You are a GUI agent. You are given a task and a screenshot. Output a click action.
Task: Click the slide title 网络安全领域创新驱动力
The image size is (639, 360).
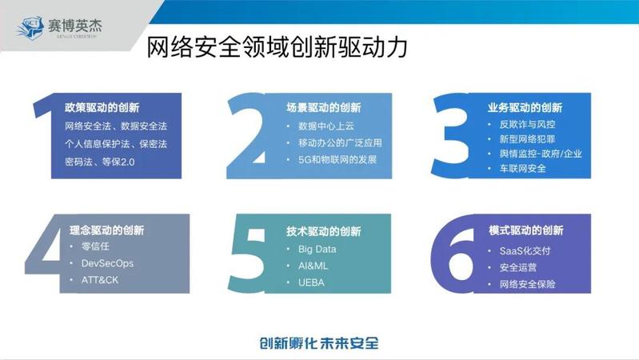click(277, 47)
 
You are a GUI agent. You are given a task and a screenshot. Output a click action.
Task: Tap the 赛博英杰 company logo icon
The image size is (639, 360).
click(30, 27)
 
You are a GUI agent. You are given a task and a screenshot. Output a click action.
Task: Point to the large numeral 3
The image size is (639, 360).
click(451, 135)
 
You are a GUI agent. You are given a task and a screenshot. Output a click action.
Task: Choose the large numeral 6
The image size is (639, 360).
click(453, 254)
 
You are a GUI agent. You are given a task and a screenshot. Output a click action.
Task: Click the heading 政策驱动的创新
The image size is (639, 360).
click(102, 108)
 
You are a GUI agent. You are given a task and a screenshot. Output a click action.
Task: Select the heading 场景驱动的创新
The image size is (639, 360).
click(324, 108)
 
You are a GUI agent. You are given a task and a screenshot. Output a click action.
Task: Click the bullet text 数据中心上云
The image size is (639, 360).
click(326, 126)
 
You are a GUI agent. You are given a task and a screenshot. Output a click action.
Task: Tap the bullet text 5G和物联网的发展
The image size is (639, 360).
click(337, 159)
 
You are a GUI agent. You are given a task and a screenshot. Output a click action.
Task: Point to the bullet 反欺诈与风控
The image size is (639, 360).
click(527, 124)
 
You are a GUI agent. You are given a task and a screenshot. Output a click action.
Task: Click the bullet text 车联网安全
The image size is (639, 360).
click(523, 168)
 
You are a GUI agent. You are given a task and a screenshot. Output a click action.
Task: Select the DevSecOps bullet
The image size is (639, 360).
click(108, 263)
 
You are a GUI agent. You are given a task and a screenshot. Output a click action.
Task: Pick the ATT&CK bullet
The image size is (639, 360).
click(100, 280)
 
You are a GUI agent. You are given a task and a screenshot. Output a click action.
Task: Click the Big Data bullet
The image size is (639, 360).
click(317, 249)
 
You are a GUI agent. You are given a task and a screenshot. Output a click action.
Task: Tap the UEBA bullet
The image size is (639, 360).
click(311, 282)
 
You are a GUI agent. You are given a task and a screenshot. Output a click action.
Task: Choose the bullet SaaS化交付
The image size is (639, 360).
click(525, 250)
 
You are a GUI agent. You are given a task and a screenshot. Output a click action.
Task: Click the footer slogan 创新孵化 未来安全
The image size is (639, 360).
click(319, 343)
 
